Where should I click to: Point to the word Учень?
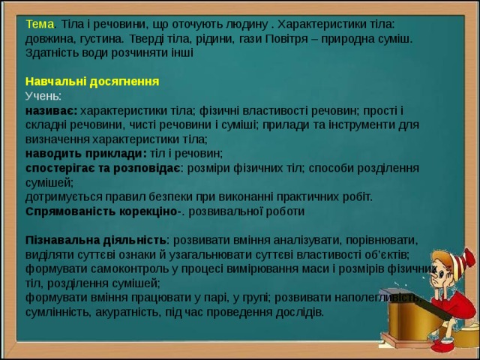point(43,96)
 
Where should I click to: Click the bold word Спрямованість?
point(70,211)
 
